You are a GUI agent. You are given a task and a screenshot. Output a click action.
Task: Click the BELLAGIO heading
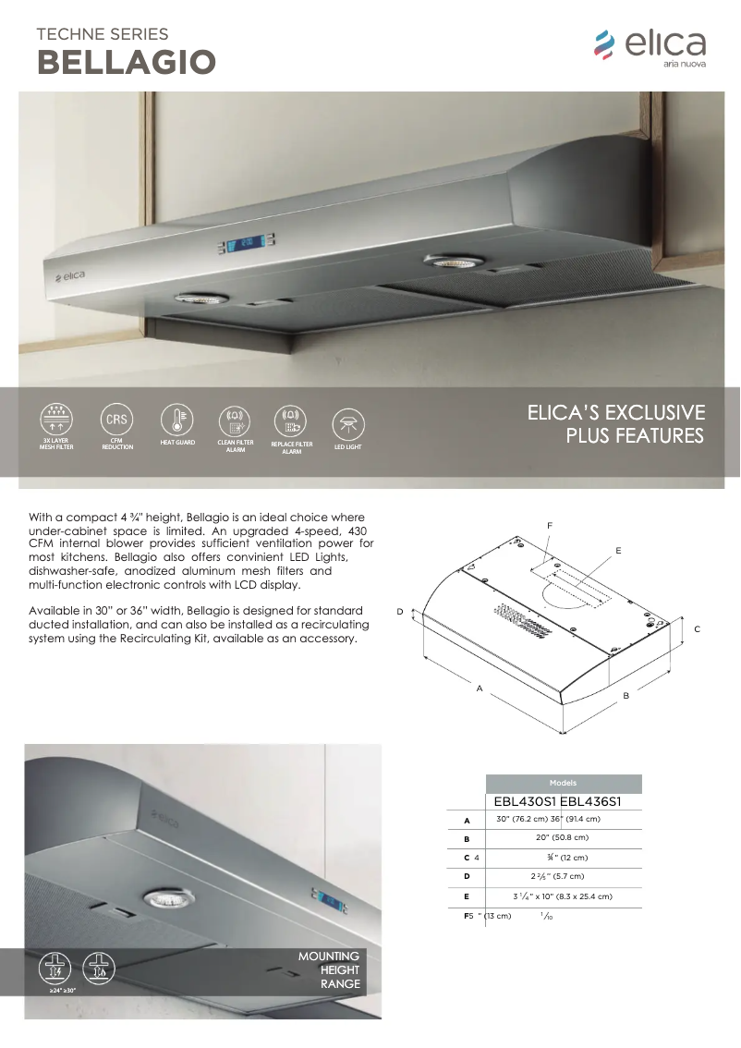(126, 62)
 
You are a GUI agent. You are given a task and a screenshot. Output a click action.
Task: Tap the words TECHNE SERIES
(102, 34)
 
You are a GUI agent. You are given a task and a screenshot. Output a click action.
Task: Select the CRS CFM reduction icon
(117, 420)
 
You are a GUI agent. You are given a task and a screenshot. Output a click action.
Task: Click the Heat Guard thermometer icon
(176, 420)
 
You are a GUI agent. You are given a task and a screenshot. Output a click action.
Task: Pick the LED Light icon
(348, 424)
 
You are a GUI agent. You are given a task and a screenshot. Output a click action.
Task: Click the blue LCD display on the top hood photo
(243, 246)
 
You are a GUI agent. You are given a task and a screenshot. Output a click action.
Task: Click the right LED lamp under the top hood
(447, 262)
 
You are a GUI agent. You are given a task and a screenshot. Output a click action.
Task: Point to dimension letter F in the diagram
(550, 525)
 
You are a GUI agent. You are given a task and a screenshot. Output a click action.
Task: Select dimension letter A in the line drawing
(479, 688)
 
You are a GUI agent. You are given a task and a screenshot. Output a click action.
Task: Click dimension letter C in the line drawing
(698, 628)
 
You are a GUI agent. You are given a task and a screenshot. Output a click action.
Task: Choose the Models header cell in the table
(563, 783)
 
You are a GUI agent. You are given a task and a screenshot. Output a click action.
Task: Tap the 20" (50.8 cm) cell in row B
(563, 838)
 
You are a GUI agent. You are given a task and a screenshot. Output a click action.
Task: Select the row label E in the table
(468, 896)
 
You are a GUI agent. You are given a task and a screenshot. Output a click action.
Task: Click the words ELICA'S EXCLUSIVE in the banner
(615, 412)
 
